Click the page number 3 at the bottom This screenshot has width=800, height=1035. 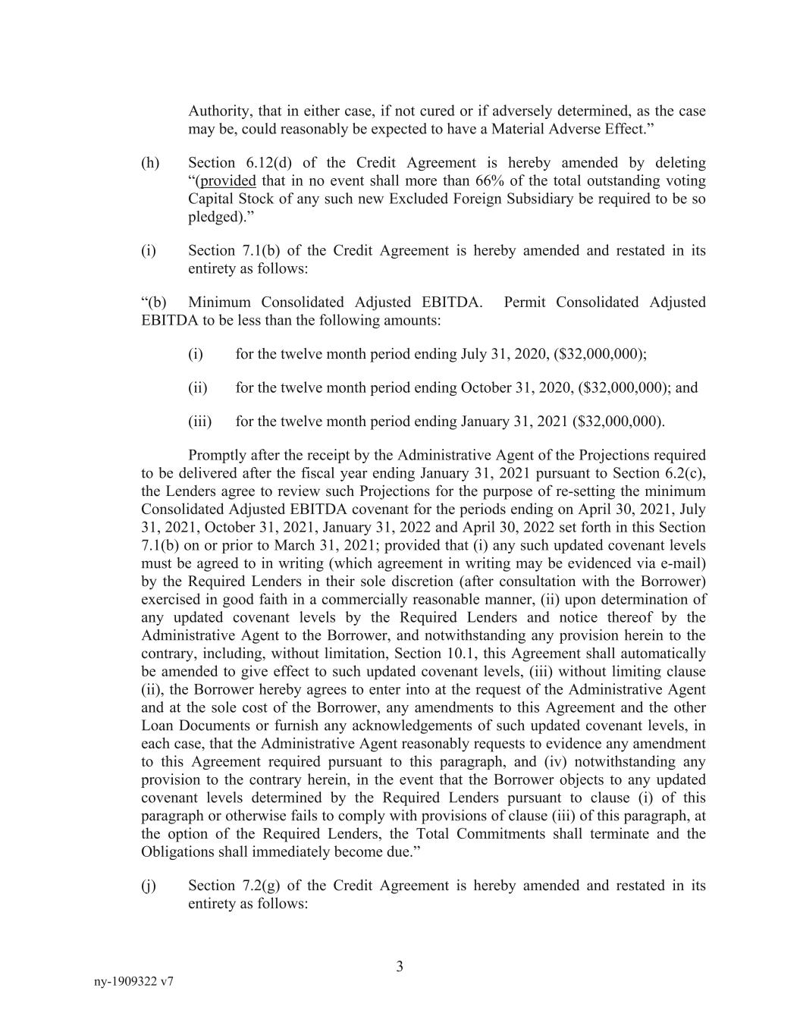(x=400, y=967)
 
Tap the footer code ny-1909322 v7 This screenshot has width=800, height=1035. (x=133, y=982)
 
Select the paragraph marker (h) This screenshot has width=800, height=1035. (x=150, y=163)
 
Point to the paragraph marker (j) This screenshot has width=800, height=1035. (x=149, y=886)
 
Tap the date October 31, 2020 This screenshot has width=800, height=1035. (x=516, y=388)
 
